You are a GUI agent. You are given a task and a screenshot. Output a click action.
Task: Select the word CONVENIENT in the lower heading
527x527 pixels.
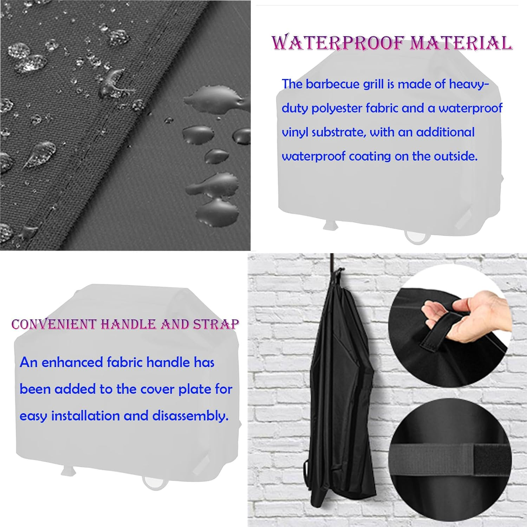(54, 324)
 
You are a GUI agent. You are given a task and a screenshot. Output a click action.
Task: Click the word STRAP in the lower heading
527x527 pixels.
(216, 324)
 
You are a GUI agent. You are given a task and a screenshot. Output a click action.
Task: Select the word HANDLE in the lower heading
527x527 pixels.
(128, 324)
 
